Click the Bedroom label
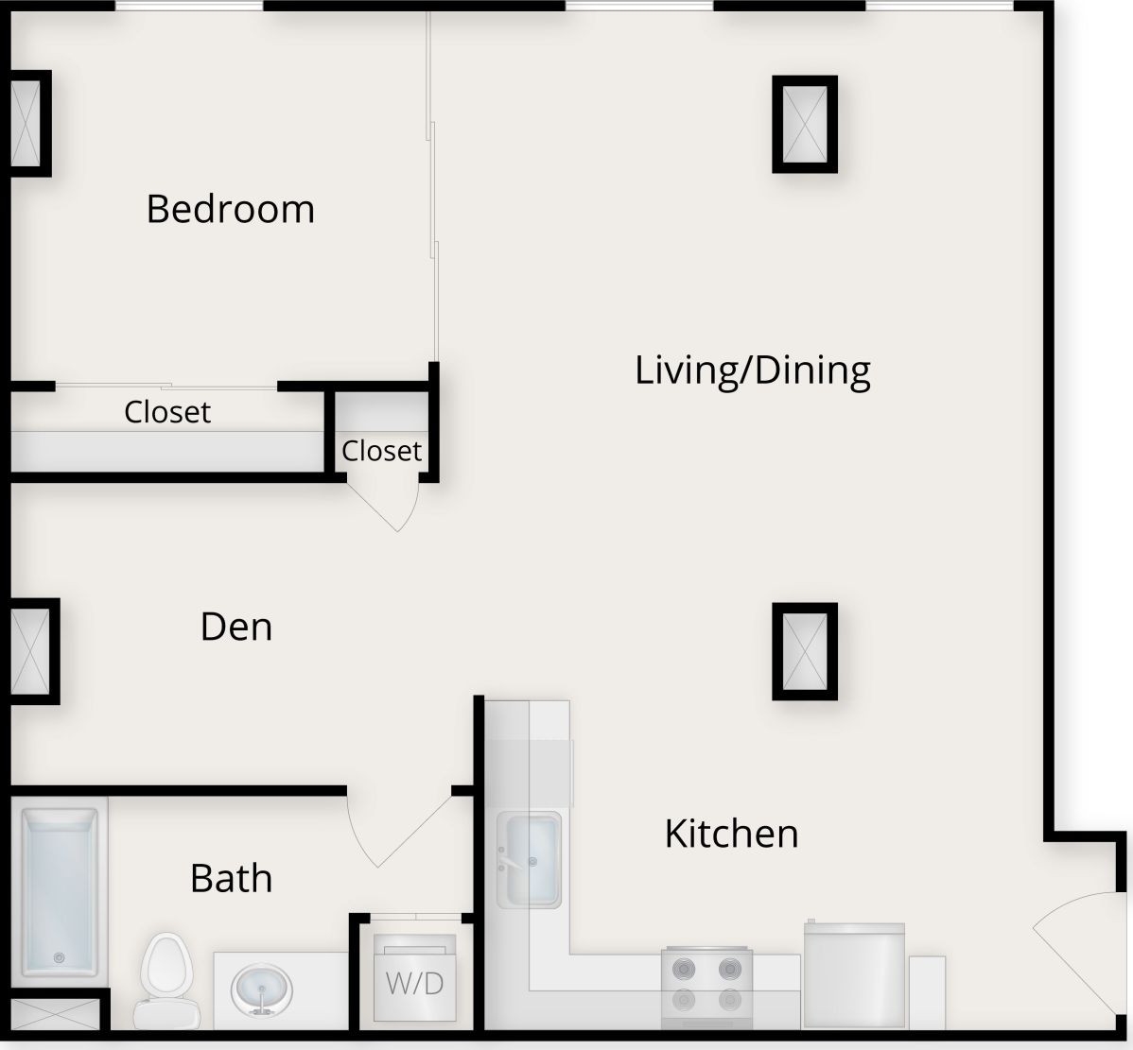(x=230, y=209)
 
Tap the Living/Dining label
(x=752, y=370)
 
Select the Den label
(x=236, y=627)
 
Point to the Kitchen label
(x=731, y=834)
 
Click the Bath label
(x=232, y=878)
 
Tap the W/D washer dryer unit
(x=414, y=978)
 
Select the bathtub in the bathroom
(x=61, y=891)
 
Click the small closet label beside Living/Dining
(x=381, y=451)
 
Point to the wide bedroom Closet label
(x=167, y=412)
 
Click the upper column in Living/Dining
(x=805, y=124)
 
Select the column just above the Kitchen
(x=805, y=651)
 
